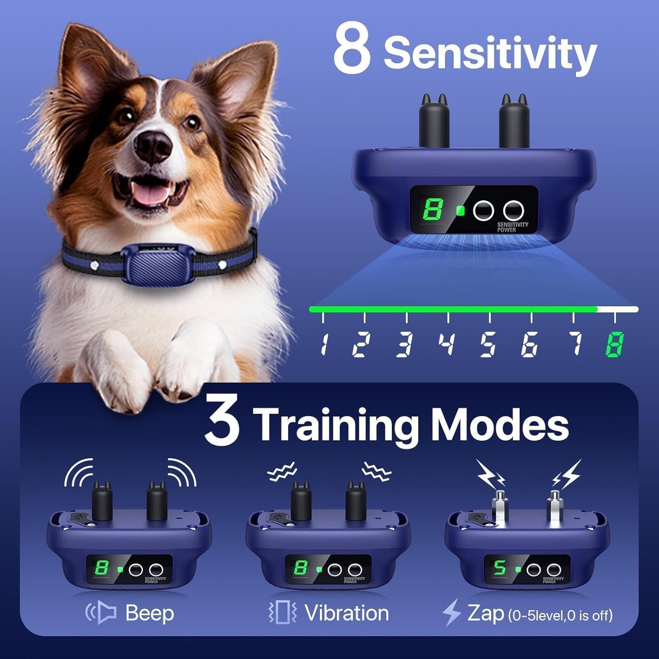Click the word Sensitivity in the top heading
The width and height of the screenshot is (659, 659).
pos(490,54)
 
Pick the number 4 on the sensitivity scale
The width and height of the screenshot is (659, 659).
pos(446,344)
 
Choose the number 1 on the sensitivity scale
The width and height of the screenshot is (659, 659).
pos(323,344)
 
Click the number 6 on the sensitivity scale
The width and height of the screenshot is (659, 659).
pos(529,344)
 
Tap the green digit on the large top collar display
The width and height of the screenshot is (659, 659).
pos(432,210)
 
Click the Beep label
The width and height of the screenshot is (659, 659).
pos(149,613)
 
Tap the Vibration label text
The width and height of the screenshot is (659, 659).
pos(346,613)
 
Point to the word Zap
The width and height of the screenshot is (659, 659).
pos(485,613)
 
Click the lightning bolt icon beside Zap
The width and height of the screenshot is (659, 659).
pos(451,612)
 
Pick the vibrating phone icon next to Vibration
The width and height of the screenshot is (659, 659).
pos(282,612)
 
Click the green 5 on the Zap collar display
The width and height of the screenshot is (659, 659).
pos(500,568)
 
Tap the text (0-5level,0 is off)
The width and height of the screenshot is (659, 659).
pos(560,615)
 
